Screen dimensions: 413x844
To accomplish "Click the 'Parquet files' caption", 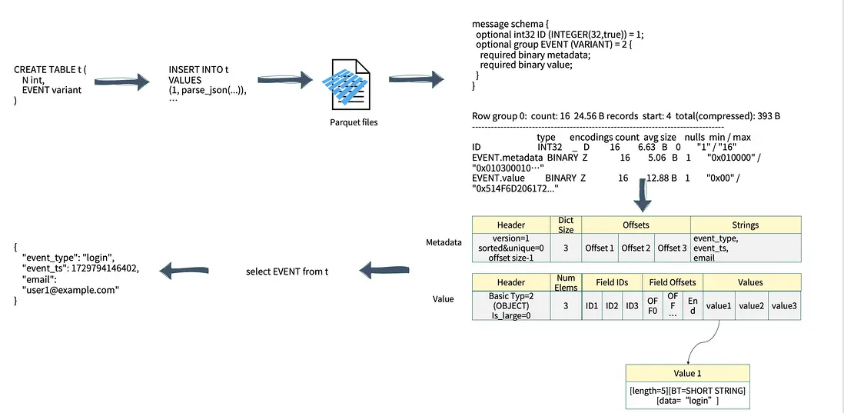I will click(x=353, y=122).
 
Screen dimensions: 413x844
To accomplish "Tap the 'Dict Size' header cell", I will click(x=565, y=225).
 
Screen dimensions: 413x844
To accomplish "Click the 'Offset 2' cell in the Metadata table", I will click(x=636, y=248).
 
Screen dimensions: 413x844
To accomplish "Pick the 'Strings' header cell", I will click(x=745, y=225).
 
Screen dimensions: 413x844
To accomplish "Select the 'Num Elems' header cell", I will click(x=565, y=282).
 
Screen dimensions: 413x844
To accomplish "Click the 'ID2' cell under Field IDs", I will click(x=612, y=305).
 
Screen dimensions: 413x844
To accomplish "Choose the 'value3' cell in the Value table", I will click(x=785, y=305).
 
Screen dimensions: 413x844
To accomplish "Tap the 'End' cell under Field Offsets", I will click(x=693, y=305).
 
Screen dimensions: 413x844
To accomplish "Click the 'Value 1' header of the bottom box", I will click(x=687, y=372).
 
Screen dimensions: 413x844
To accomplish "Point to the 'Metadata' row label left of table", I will click(x=444, y=242).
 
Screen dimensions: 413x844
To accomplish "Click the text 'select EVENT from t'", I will click(x=287, y=271).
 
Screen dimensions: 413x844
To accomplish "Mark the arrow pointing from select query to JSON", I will click(x=188, y=270).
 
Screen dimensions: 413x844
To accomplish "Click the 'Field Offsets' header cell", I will click(x=673, y=282).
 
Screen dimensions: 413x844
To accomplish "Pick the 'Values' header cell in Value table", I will click(x=751, y=282).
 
